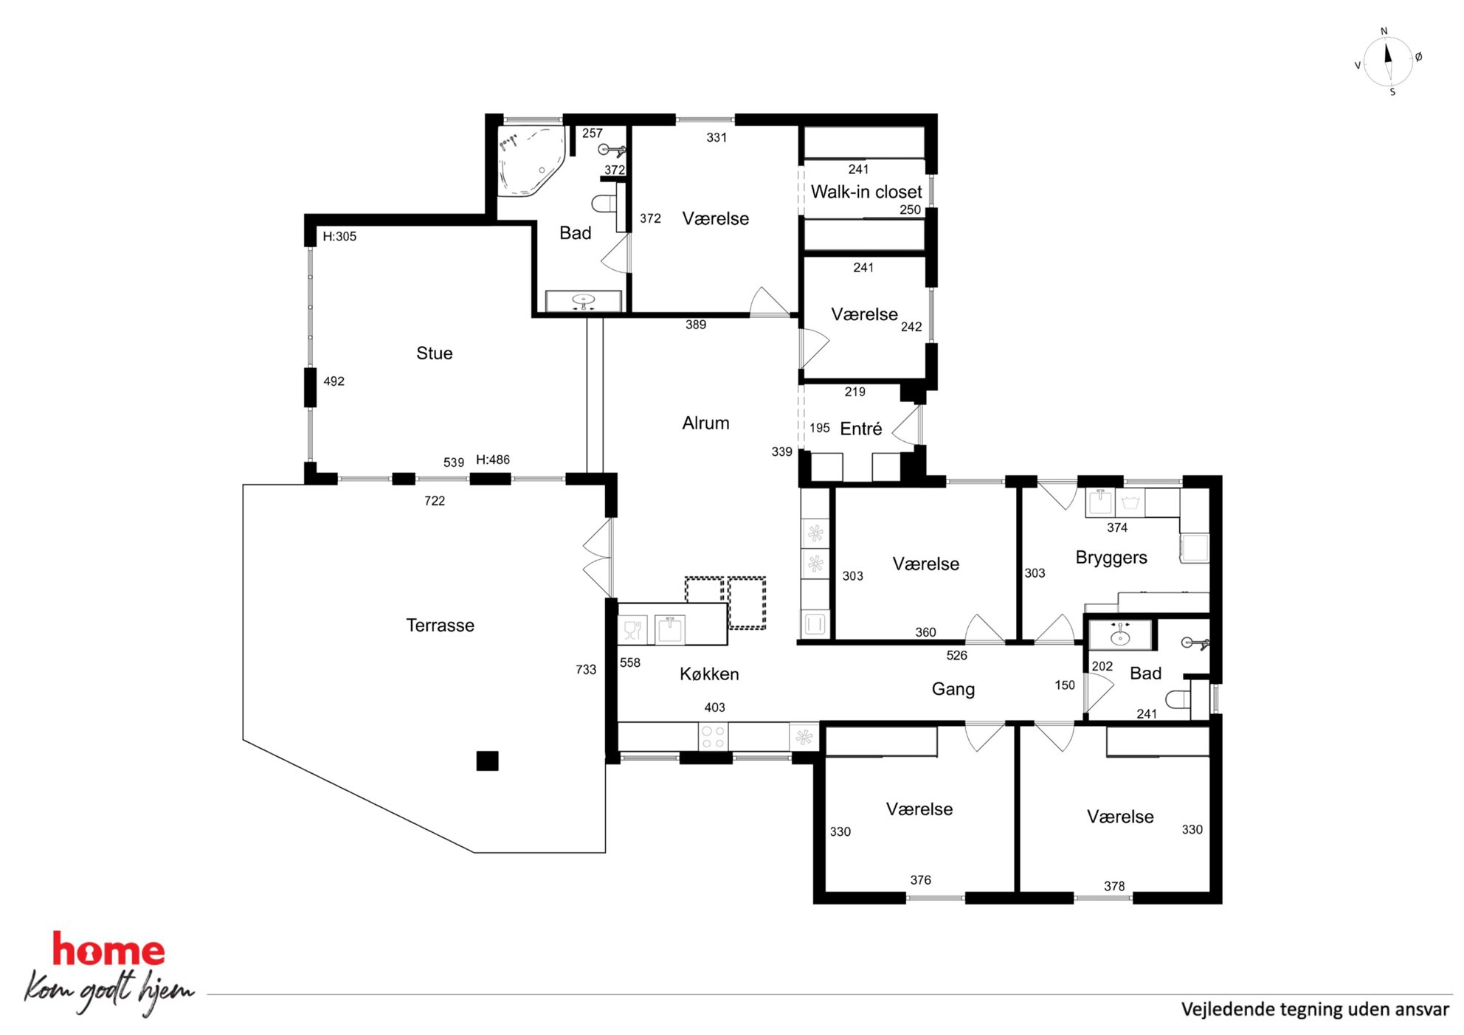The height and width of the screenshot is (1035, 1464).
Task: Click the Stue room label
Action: coord(434,353)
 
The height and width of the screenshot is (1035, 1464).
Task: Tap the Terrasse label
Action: coord(440,626)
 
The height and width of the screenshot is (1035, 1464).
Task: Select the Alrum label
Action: coord(705,423)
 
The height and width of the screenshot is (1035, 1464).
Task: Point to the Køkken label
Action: coord(709,674)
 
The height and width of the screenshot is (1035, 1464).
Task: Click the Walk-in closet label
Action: coord(866,192)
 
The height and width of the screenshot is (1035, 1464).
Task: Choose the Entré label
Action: coord(861,429)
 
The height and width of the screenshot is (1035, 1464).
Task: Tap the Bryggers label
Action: coord(1111,558)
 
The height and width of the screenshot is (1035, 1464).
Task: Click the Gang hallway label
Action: coord(953,690)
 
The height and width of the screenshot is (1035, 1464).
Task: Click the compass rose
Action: coord(1388,62)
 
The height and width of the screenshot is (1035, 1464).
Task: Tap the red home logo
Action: coord(108,949)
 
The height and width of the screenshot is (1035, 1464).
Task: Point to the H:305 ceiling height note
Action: coord(339,237)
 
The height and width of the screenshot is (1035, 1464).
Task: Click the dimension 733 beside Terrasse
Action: coord(586,670)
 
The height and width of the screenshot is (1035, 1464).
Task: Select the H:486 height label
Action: coord(493,460)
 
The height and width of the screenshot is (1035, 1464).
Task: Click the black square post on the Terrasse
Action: coord(487,761)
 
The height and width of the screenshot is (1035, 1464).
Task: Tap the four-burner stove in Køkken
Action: coord(713,737)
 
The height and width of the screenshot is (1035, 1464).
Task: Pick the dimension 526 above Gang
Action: coord(957,656)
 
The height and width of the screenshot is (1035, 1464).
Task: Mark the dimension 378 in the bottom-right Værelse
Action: coord(1114,887)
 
